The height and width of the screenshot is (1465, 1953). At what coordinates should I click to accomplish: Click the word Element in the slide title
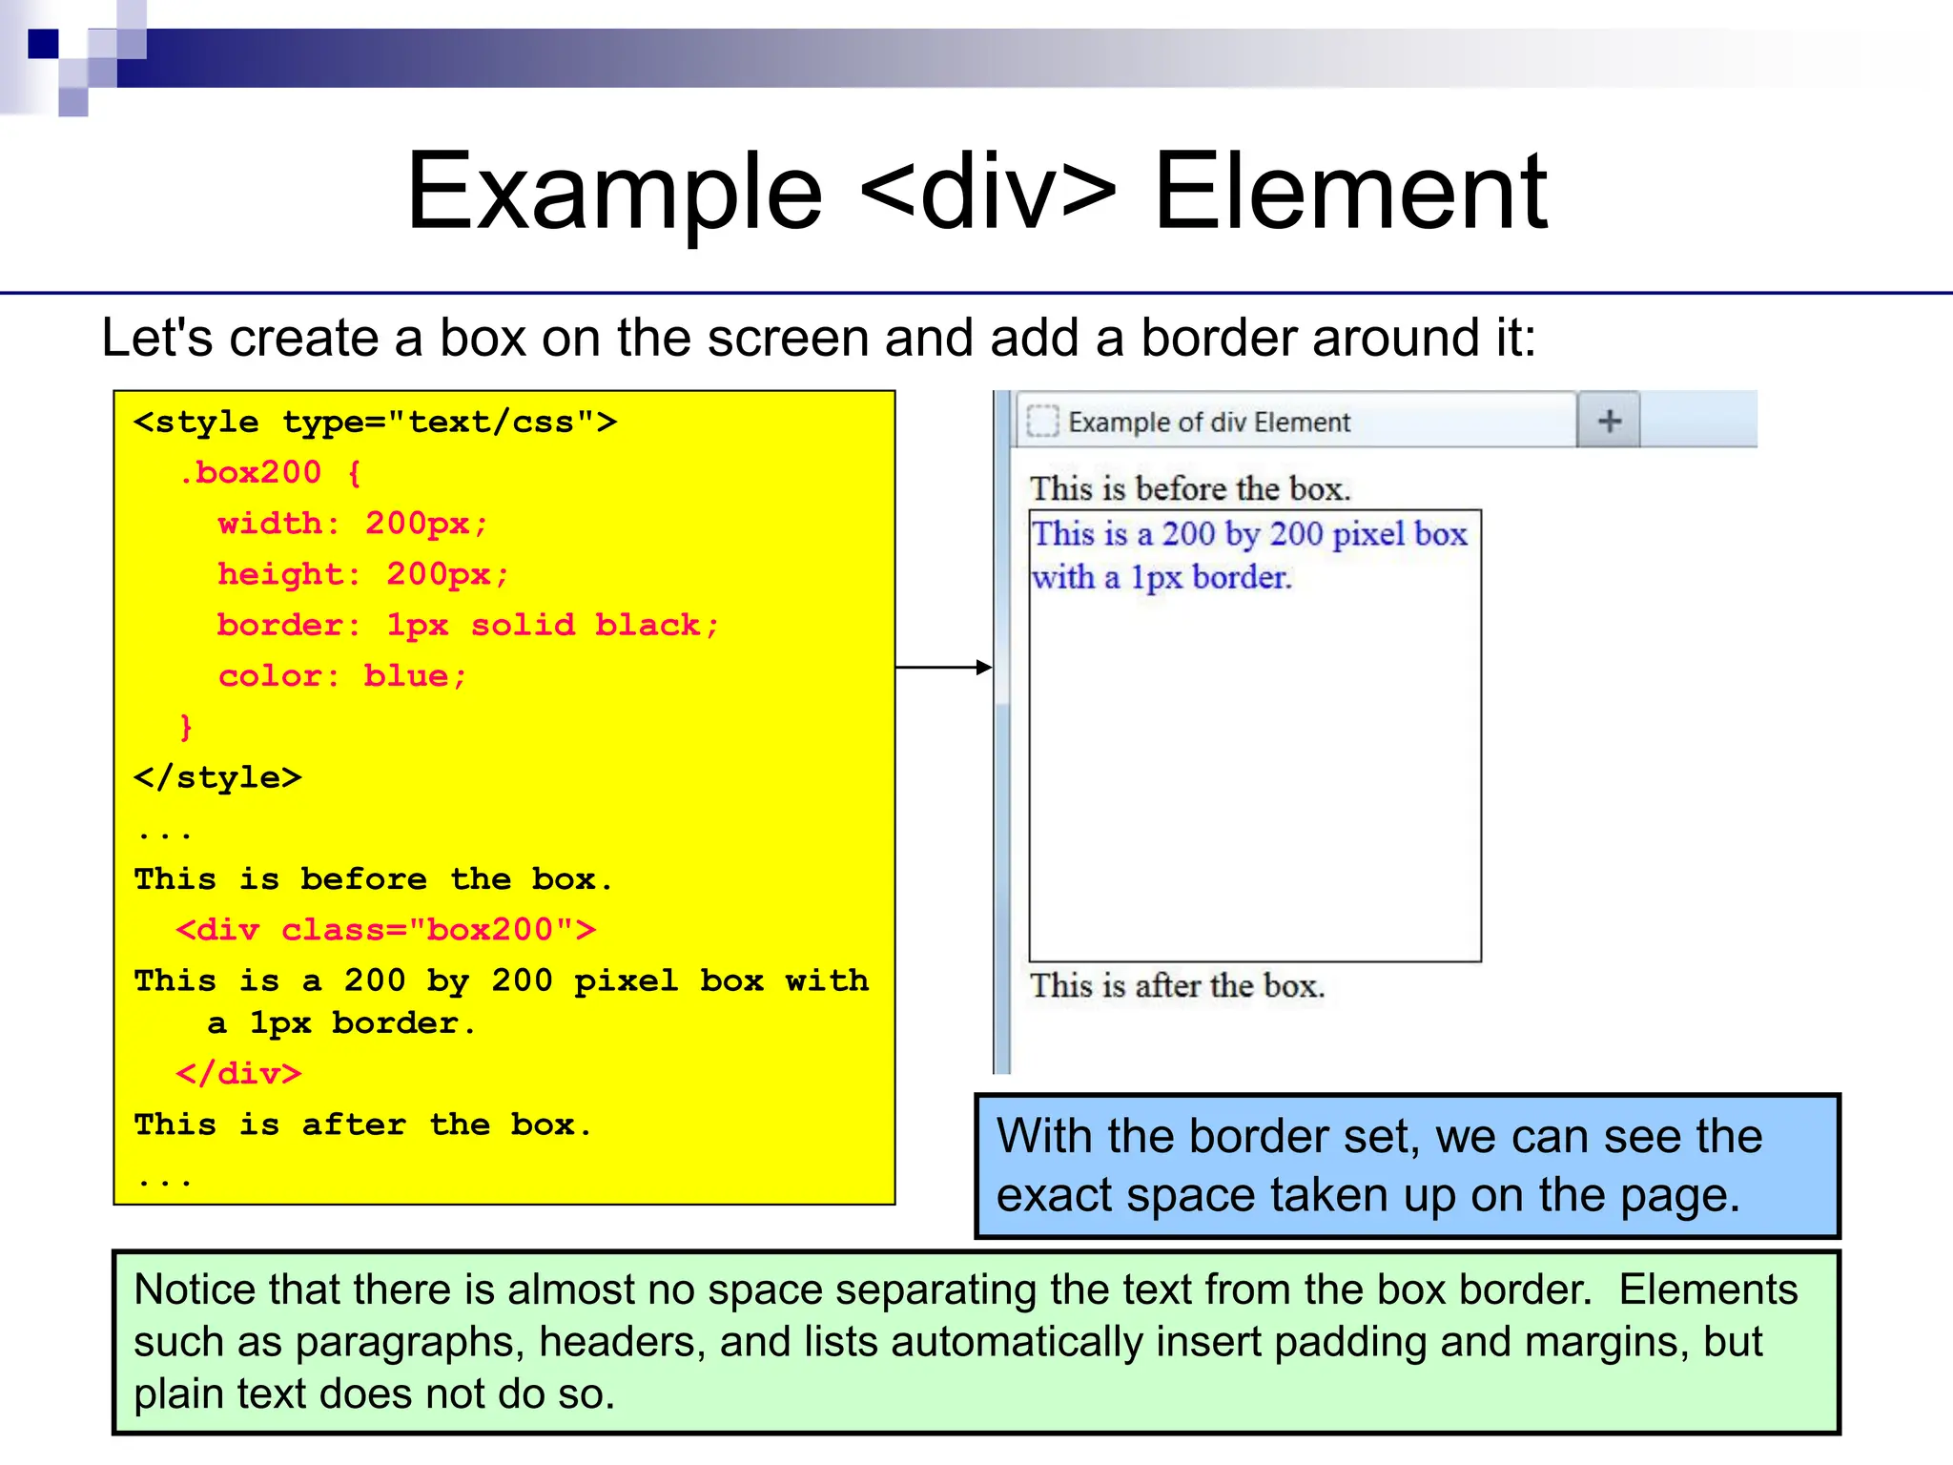point(1350,193)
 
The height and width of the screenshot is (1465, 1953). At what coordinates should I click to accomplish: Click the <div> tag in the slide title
point(987,193)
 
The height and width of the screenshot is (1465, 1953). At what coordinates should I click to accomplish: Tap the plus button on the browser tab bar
point(1609,421)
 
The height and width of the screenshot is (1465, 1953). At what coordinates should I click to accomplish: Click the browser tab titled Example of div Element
point(1207,422)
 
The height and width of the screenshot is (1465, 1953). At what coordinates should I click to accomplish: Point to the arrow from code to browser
point(944,668)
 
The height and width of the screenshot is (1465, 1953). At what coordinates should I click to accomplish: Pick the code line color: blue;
point(342,676)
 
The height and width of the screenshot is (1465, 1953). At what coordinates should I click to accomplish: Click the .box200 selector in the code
point(258,472)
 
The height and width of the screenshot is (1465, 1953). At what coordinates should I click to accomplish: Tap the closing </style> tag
point(217,777)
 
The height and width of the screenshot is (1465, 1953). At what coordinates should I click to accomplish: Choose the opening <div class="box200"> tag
point(386,929)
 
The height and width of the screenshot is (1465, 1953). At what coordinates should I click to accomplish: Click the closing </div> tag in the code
point(238,1074)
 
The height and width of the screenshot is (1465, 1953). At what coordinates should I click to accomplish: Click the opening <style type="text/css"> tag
point(376,422)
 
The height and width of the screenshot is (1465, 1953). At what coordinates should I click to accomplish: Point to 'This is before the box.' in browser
point(1190,489)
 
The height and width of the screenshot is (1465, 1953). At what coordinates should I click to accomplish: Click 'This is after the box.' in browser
point(1178,985)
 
